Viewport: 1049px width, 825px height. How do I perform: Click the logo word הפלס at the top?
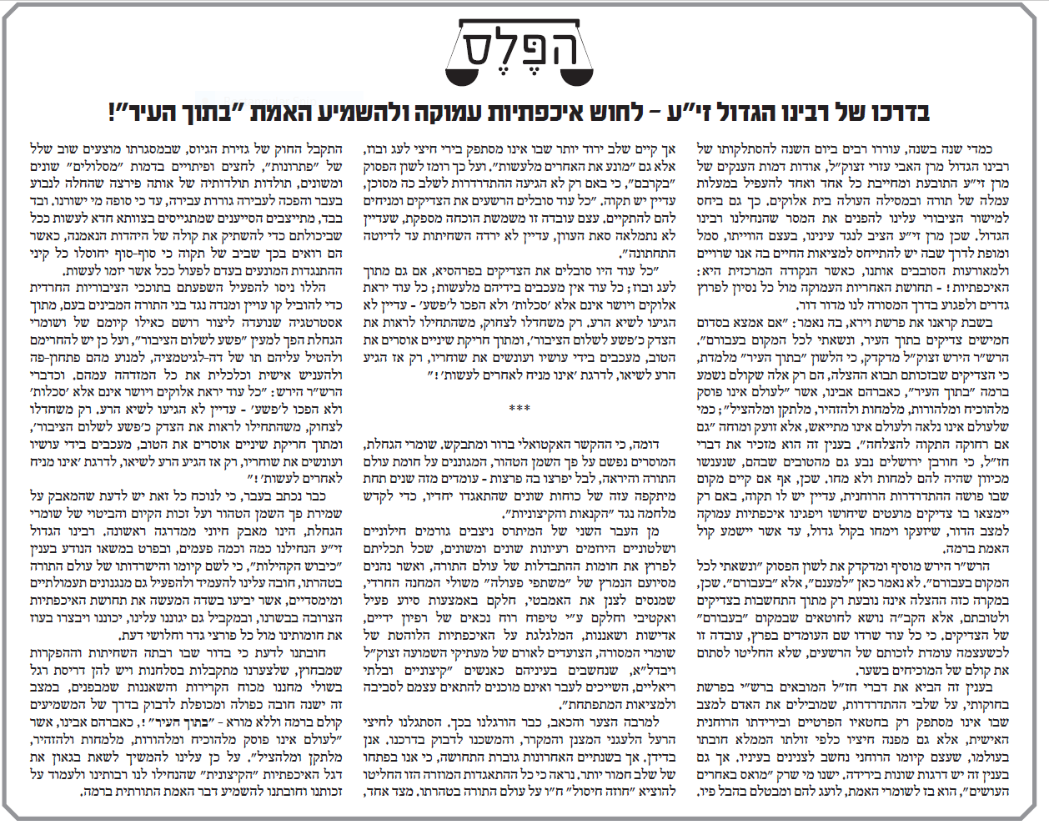click(x=521, y=45)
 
